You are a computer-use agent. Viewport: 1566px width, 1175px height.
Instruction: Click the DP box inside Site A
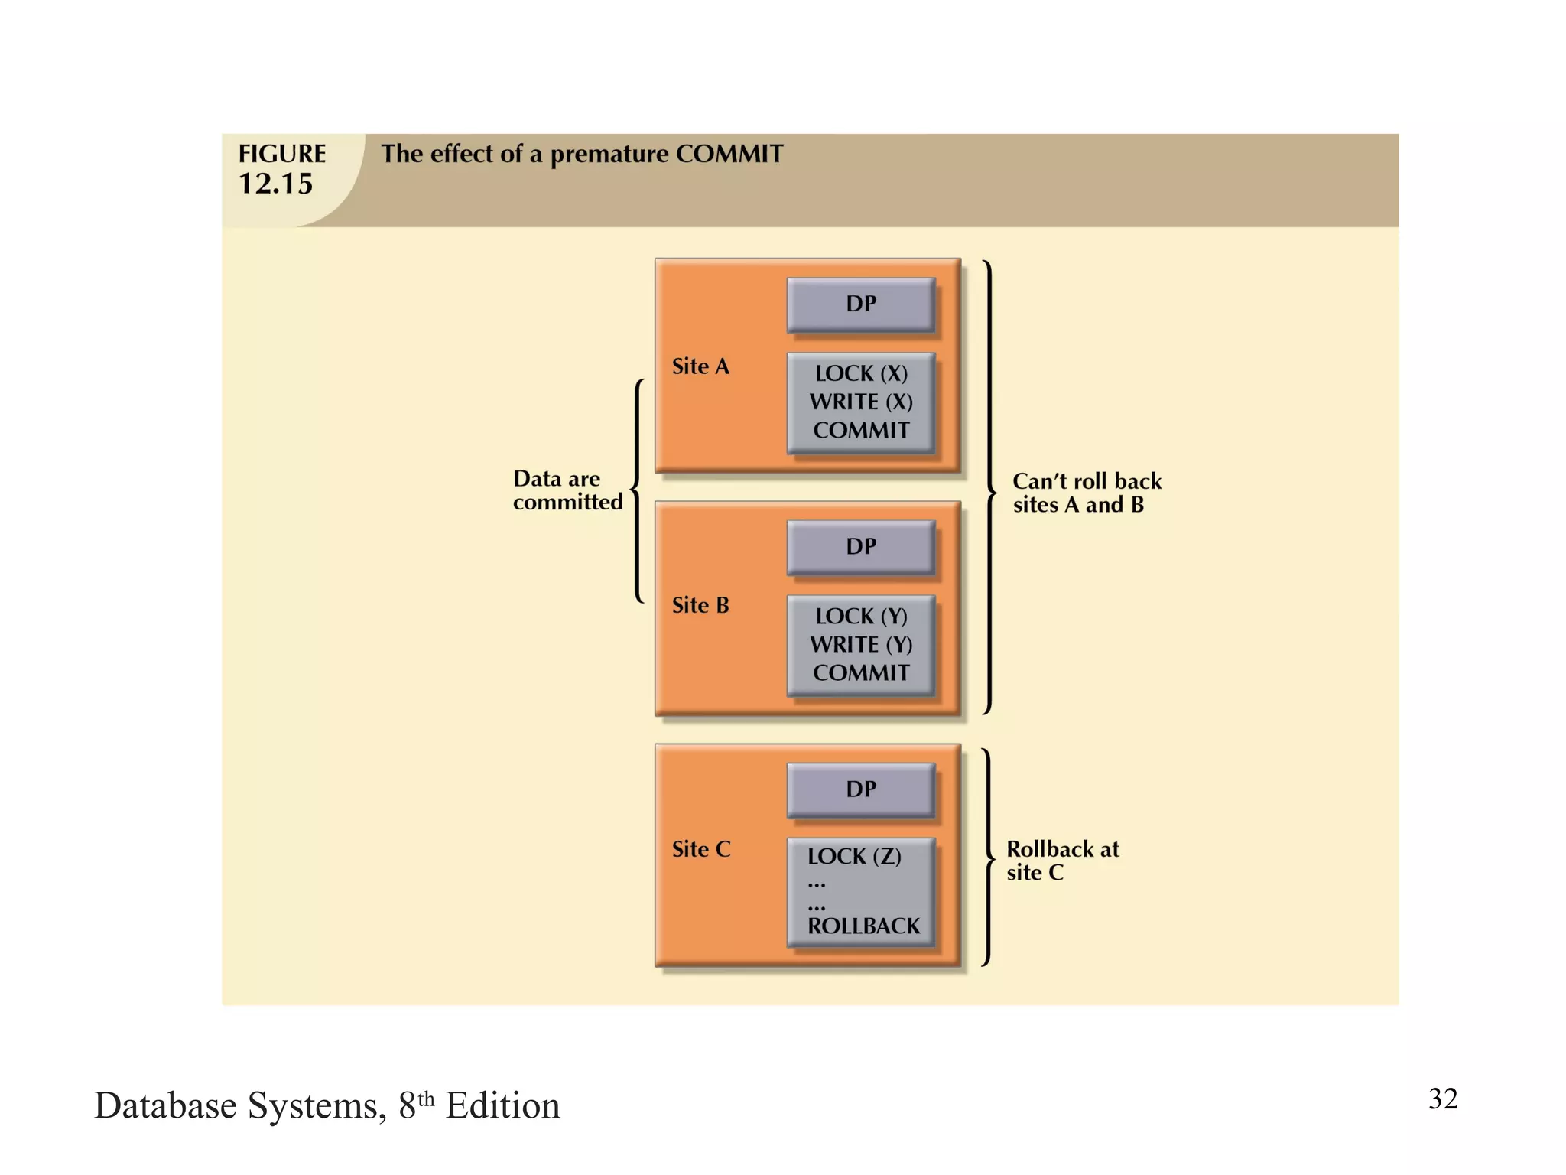860,304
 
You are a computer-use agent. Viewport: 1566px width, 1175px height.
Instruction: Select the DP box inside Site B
860,546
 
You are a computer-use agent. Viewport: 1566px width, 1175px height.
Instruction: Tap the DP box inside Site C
860,789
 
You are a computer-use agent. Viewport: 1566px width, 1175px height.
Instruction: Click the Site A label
700,366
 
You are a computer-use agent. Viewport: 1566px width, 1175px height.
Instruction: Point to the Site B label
700,605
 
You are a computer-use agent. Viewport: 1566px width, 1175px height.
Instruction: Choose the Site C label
701,849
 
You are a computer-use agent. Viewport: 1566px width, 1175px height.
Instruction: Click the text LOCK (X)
861,373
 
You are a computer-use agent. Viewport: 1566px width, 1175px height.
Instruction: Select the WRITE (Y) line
861,644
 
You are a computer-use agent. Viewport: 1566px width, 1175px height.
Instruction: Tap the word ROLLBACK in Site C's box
863,926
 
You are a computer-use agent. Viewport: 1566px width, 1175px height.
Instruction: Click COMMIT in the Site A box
861,430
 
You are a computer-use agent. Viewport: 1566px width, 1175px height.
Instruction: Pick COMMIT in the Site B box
861,672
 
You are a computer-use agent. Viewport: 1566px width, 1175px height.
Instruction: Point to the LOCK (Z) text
854,856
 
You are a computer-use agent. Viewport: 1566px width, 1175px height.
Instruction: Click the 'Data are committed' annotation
567,490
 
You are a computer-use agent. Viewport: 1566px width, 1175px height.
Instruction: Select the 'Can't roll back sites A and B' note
1086,493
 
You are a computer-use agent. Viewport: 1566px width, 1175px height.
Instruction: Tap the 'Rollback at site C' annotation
1061,861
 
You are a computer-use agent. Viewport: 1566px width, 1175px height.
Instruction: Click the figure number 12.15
275,184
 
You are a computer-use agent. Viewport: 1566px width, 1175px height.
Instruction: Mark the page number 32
1442,1099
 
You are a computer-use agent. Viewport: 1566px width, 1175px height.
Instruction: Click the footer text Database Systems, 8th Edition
327,1105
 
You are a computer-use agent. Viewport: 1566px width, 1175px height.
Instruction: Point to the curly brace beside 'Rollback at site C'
989,858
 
